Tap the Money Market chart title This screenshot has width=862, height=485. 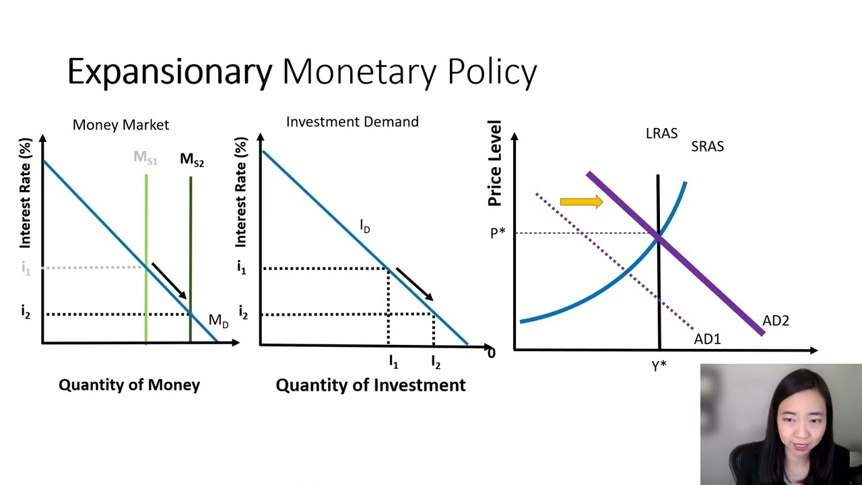click(x=121, y=125)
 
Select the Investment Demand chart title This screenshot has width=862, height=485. click(x=352, y=122)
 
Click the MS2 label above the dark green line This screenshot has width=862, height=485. click(x=192, y=160)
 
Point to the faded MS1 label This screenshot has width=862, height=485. click(x=145, y=158)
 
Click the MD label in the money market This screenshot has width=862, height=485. click(x=219, y=321)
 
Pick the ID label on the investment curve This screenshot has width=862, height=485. click(x=365, y=226)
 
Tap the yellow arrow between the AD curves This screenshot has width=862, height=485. click(x=581, y=201)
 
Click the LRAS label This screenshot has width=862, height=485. click(x=661, y=133)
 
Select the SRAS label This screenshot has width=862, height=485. click(x=707, y=146)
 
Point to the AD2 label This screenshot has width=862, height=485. click(x=776, y=321)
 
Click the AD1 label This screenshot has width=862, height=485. click(x=707, y=339)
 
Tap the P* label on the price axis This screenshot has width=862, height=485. click(x=498, y=233)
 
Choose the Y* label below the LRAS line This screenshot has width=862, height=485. click(x=659, y=366)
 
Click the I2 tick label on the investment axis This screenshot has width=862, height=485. click(x=436, y=362)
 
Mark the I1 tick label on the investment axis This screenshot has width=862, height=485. click(x=393, y=362)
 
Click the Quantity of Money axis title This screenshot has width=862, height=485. click(x=129, y=385)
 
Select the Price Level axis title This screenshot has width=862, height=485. click(x=495, y=163)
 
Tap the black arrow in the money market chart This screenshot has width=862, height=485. click(x=169, y=281)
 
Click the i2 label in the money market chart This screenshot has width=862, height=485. click(x=26, y=311)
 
